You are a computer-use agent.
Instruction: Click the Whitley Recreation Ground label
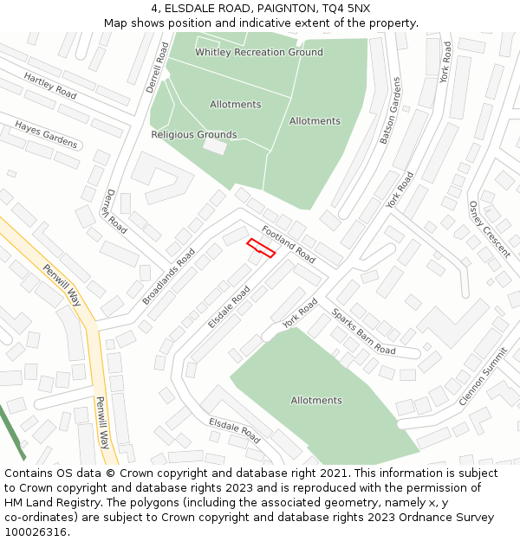tap(258, 52)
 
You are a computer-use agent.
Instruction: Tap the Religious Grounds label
tap(193, 134)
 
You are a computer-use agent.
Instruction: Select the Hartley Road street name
tap(50, 85)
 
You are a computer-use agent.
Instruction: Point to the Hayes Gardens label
tap(46, 134)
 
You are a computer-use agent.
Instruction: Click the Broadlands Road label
tap(169, 276)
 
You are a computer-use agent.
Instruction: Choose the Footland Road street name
tap(289, 244)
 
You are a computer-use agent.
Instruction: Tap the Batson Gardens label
tap(391, 111)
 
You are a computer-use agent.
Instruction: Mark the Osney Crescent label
tap(489, 229)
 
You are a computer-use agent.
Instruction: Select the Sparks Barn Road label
tap(363, 332)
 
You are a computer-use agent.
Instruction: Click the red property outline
tap(261, 248)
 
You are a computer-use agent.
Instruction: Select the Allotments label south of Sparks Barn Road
tap(316, 400)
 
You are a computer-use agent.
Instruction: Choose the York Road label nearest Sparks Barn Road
tap(301, 313)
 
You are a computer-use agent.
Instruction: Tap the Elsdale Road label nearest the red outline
tap(229, 306)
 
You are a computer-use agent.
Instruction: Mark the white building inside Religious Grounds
tap(215, 147)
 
